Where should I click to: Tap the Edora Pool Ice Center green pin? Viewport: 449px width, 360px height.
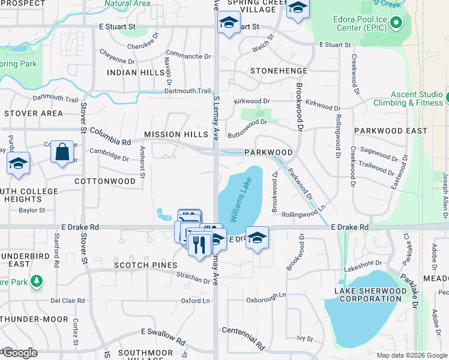coord(396,24)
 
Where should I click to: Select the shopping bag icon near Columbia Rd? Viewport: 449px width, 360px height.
coord(62,153)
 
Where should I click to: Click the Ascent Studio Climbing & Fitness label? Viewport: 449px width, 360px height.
coord(417,98)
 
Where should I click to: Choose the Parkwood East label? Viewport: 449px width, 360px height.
coord(391,130)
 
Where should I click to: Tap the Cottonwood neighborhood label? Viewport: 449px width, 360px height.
coord(105,181)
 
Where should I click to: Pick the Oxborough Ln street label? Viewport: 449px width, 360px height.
coord(266,296)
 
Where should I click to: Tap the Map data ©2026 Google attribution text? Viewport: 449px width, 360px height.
coord(411,355)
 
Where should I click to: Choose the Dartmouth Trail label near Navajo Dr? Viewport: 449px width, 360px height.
coord(188,91)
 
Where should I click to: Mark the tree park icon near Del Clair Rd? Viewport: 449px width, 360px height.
coord(37,280)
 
